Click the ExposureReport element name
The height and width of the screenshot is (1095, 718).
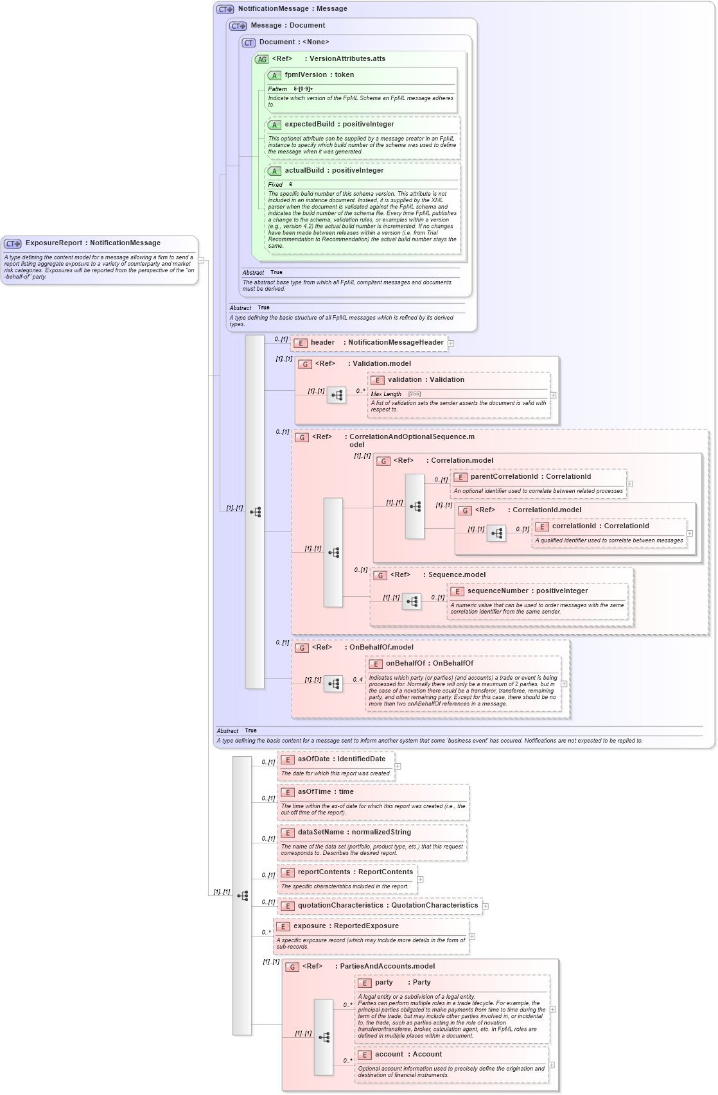(54, 243)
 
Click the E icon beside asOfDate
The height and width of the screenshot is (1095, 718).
(288, 759)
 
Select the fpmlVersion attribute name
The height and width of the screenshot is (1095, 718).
(306, 75)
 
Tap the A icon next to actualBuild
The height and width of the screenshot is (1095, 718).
(274, 171)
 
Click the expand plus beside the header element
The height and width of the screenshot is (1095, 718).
(451, 343)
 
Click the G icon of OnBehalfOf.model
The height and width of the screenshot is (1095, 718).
(302, 648)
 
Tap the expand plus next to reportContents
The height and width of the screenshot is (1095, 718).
(421, 879)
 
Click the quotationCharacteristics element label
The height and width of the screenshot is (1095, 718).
(340, 906)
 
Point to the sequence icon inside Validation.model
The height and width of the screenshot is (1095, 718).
(337, 395)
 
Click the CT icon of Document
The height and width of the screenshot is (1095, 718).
(249, 42)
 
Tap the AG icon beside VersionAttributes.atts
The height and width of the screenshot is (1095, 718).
(261, 59)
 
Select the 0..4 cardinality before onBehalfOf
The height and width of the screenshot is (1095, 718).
(357, 680)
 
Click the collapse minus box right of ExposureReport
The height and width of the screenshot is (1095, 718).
(201, 261)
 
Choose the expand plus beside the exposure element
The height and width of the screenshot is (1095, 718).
(472, 936)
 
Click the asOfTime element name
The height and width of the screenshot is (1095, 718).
(314, 792)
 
